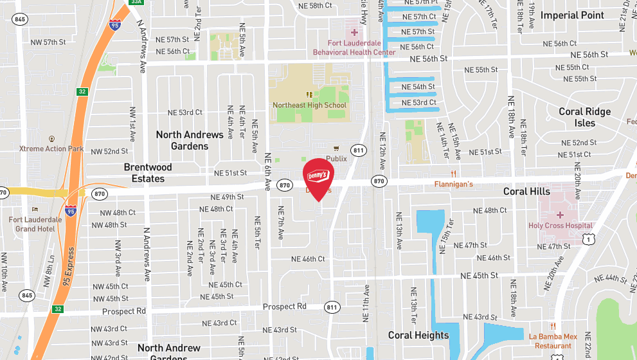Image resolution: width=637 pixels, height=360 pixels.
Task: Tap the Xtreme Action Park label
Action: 51,148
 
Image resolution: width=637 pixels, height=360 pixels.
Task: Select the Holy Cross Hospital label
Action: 560,226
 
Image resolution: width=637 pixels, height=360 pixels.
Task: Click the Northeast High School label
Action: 309,105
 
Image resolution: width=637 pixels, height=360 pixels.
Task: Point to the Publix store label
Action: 336,158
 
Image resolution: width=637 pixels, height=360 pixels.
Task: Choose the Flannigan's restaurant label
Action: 453,184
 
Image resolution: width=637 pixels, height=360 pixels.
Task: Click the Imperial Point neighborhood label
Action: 572,15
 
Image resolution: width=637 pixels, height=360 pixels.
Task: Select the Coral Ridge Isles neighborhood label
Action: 584,117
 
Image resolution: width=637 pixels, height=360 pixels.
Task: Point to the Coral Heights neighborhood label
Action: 418,335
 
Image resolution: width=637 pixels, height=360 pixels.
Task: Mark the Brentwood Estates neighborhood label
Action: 148,173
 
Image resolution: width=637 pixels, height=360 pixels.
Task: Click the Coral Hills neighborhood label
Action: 526,192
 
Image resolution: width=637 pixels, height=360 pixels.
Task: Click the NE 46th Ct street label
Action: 308,259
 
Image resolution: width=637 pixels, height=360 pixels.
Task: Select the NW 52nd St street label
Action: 109,152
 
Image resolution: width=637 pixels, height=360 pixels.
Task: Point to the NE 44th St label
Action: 611,278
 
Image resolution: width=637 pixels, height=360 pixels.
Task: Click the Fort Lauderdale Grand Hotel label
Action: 35,224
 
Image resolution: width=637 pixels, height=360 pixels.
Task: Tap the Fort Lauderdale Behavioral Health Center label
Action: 354,48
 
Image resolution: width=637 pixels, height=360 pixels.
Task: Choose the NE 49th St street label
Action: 227,197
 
